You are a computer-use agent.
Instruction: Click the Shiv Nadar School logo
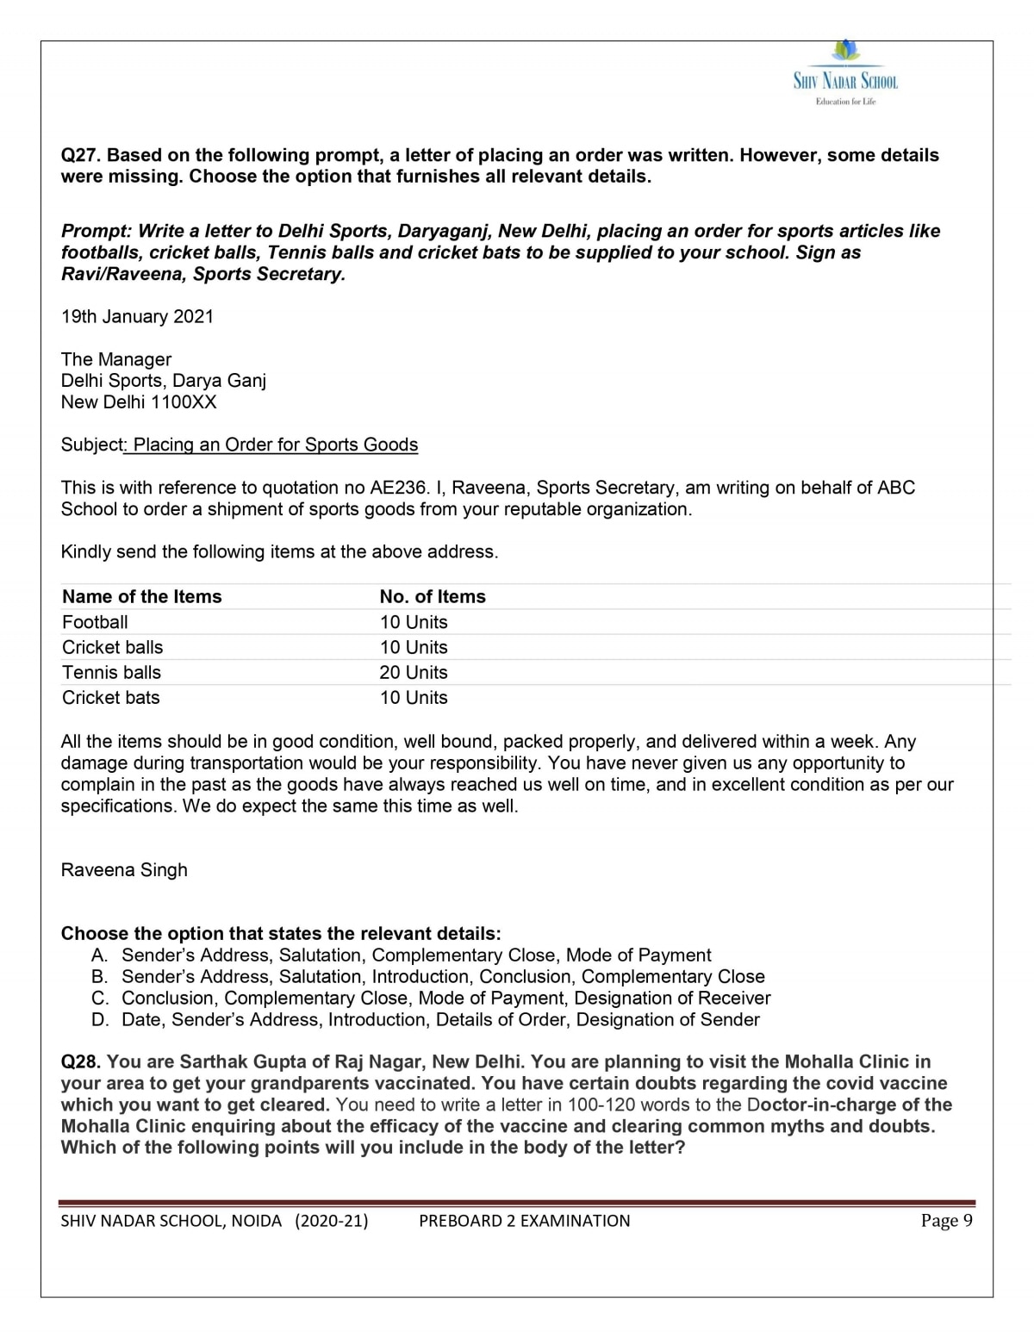click(845, 74)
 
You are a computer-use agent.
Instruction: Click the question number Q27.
click(81, 156)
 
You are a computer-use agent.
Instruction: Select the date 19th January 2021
click(137, 317)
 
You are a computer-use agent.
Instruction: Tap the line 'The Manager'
click(116, 360)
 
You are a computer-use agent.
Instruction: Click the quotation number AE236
click(398, 488)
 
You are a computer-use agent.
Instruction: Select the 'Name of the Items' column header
click(142, 597)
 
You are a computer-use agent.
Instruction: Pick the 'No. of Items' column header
click(433, 597)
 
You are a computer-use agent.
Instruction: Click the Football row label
click(95, 622)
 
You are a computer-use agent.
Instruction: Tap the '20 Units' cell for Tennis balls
click(414, 673)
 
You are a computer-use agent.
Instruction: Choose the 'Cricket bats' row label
click(111, 698)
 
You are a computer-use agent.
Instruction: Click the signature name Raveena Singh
click(124, 870)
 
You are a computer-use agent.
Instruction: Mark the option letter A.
click(99, 955)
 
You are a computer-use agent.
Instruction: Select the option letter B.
click(99, 977)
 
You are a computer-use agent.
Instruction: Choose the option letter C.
click(99, 999)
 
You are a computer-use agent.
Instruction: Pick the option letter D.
click(99, 1020)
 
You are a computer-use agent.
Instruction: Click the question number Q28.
click(81, 1062)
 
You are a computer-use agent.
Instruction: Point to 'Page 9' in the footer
click(946, 1221)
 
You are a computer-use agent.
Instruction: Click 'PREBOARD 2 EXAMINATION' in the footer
click(524, 1221)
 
